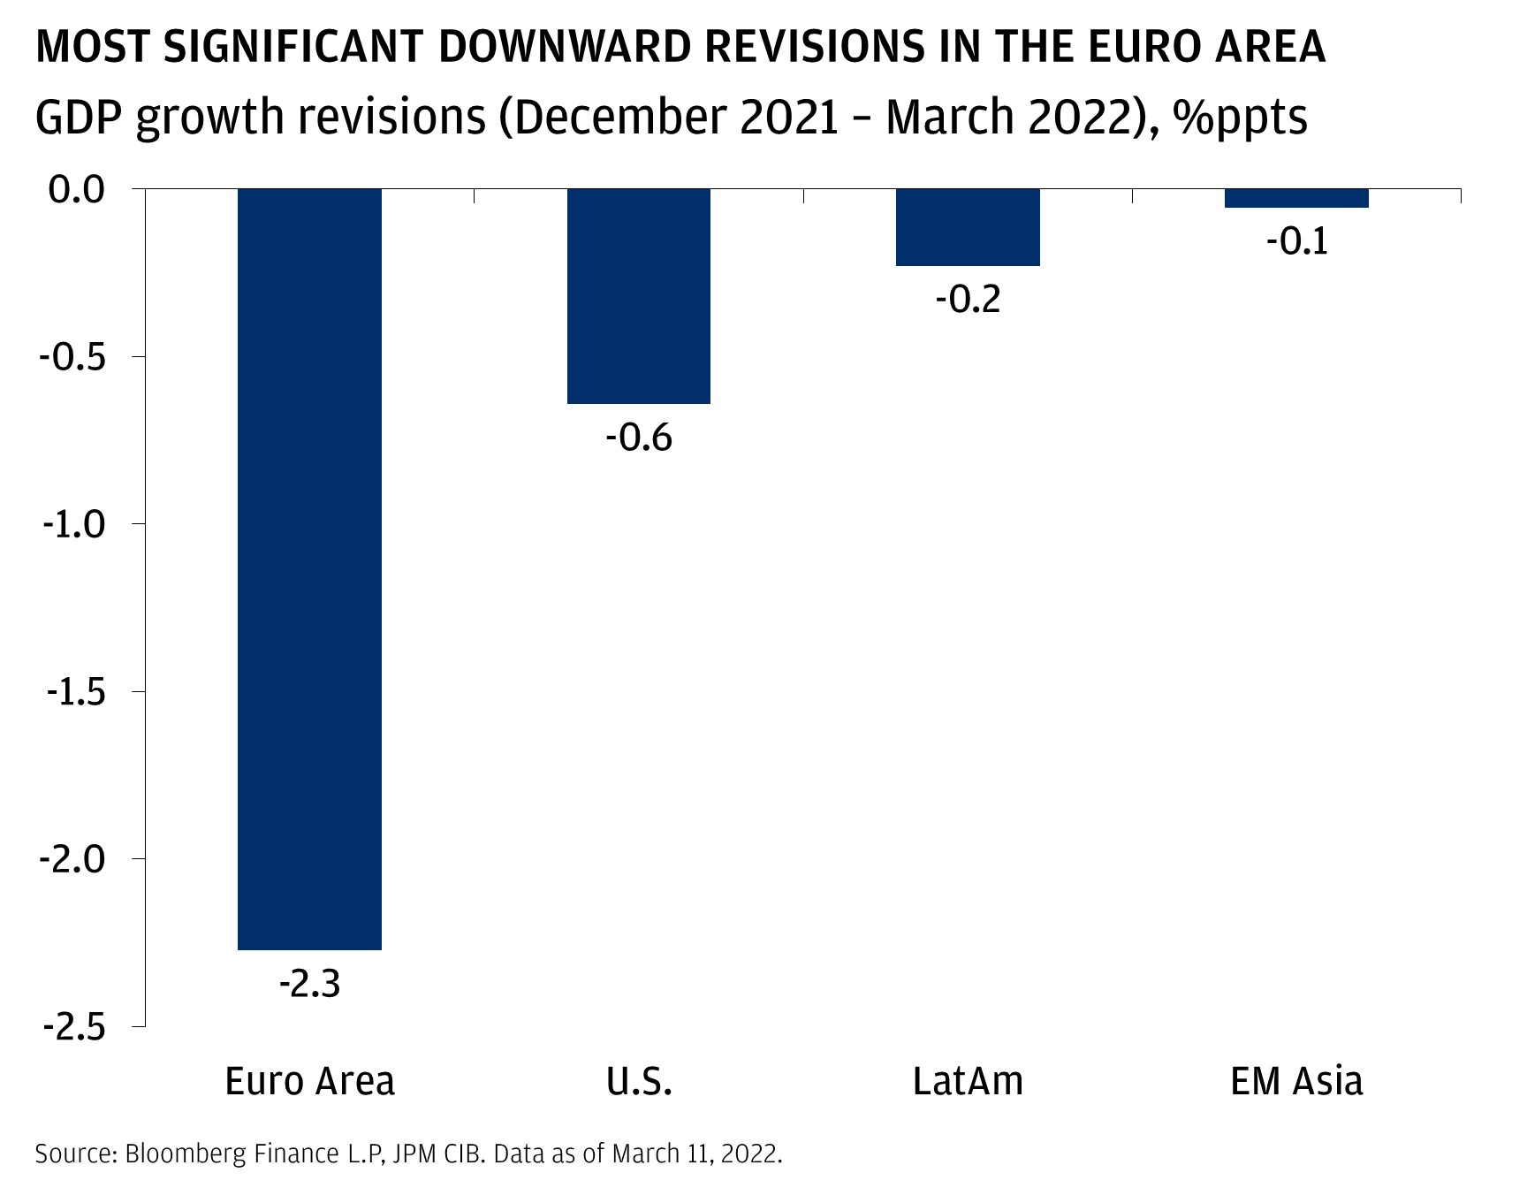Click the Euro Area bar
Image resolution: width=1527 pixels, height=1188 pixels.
(x=310, y=569)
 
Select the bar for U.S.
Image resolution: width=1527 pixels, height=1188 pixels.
(x=639, y=296)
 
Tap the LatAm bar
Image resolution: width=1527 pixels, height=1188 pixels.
(x=968, y=227)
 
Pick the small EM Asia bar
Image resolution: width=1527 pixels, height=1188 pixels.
(x=1296, y=198)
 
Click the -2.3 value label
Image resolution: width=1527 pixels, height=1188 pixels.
(x=310, y=984)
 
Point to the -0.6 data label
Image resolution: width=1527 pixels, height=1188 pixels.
(x=639, y=438)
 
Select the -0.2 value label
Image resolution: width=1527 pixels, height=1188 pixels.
(x=968, y=300)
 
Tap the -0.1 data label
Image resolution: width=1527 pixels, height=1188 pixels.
(x=1296, y=241)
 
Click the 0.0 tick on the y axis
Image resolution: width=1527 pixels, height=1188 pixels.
(x=77, y=189)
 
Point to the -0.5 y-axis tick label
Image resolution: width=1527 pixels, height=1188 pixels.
(x=72, y=357)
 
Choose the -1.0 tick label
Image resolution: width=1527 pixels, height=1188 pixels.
(x=72, y=524)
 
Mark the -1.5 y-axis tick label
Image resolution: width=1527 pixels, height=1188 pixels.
(x=72, y=692)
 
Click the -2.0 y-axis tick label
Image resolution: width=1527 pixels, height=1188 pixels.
(x=72, y=859)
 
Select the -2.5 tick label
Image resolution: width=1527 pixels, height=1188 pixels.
(x=72, y=1027)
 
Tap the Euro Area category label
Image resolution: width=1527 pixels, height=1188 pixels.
(x=310, y=1081)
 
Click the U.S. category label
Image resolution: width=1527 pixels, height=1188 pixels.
(x=639, y=1081)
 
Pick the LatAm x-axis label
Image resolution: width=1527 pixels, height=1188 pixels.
(x=968, y=1081)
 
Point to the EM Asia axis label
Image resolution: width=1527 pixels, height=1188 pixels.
(x=1296, y=1081)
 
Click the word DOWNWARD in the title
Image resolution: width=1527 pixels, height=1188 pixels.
(x=564, y=47)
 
